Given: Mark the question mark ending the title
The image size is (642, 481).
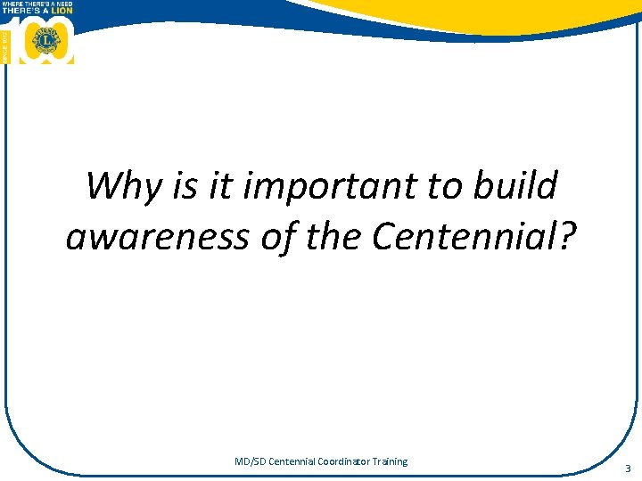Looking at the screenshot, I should [568, 238].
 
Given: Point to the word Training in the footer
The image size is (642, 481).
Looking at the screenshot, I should [391, 461].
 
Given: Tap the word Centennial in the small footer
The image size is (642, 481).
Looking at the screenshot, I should [291, 461].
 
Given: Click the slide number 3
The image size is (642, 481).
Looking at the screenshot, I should [628, 469].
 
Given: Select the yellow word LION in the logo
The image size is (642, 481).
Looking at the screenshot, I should [61, 10].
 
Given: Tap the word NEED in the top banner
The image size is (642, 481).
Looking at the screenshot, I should [62, 3].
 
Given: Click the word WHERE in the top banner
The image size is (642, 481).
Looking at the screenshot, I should [12, 3].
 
